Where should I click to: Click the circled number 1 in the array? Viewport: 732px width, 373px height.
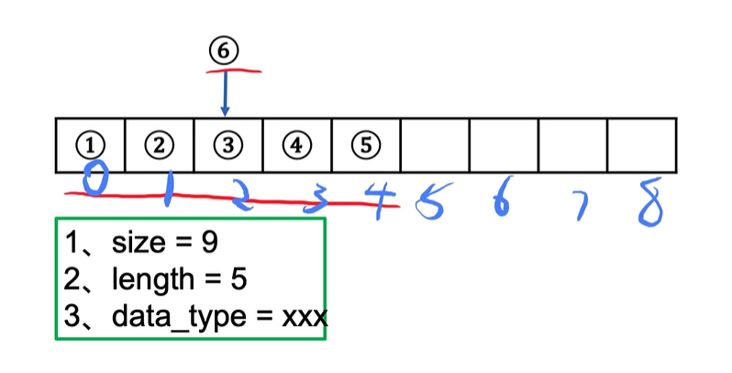point(90,145)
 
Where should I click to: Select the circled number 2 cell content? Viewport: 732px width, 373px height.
point(159,145)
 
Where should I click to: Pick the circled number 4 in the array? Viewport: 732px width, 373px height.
point(296,145)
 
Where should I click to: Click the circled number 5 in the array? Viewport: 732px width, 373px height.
point(365,145)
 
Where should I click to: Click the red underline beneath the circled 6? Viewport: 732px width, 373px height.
point(235,70)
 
